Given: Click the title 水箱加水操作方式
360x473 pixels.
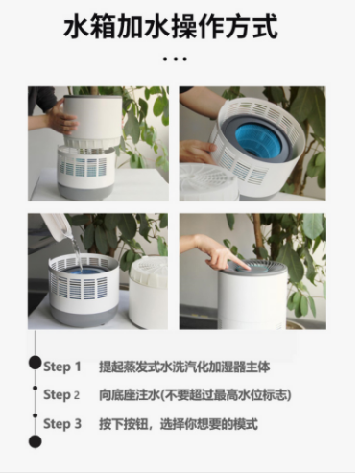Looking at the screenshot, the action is click(x=171, y=28).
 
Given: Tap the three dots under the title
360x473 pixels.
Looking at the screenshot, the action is click(x=175, y=59).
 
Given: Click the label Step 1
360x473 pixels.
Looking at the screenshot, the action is click(x=62, y=367).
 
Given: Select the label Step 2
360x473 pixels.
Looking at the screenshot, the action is click(x=61, y=395).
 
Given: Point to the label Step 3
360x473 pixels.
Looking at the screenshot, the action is click(x=62, y=424).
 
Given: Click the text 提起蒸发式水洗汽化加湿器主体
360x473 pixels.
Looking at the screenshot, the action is click(x=184, y=367).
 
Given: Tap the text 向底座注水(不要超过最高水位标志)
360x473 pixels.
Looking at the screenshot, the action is click(x=195, y=395).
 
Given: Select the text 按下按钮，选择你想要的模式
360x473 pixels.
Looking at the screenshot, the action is click(x=179, y=424).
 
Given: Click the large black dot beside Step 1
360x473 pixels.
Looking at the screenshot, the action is click(x=36, y=363).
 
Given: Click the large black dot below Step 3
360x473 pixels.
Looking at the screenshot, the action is click(x=36, y=441).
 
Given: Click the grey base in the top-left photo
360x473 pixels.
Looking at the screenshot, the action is click(x=84, y=191).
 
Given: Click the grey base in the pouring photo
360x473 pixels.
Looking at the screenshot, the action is click(x=84, y=316).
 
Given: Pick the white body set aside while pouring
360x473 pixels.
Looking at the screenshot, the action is click(x=148, y=293).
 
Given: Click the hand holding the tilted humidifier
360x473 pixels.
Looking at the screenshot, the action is click(x=196, y=151).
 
